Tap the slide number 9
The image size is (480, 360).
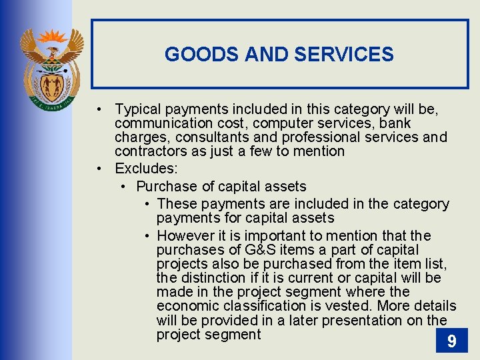point(451,342)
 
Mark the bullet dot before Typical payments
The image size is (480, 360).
point(97,109)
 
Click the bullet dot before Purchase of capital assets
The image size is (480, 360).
point(124,187)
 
